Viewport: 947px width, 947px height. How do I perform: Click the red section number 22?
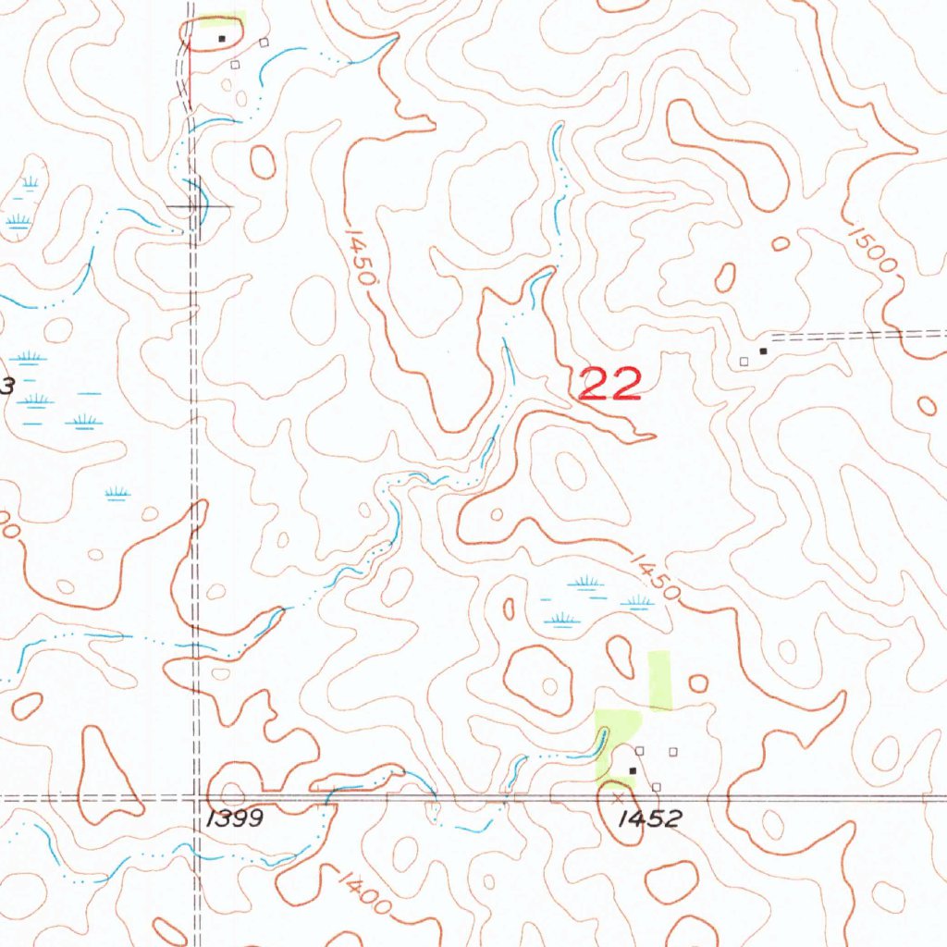610,383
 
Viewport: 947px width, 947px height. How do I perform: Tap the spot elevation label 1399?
235,818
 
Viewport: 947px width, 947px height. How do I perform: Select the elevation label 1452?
652,818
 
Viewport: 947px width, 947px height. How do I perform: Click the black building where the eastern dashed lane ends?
763,351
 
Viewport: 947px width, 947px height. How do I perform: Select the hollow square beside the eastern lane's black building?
744,361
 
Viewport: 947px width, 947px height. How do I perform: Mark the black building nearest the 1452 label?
633,769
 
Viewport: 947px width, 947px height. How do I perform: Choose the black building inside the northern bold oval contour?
221,39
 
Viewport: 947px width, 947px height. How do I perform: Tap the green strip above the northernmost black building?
222,18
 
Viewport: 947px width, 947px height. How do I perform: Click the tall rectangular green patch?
658,680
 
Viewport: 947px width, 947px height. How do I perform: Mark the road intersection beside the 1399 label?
195,796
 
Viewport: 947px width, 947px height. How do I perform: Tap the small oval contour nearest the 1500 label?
781,243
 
